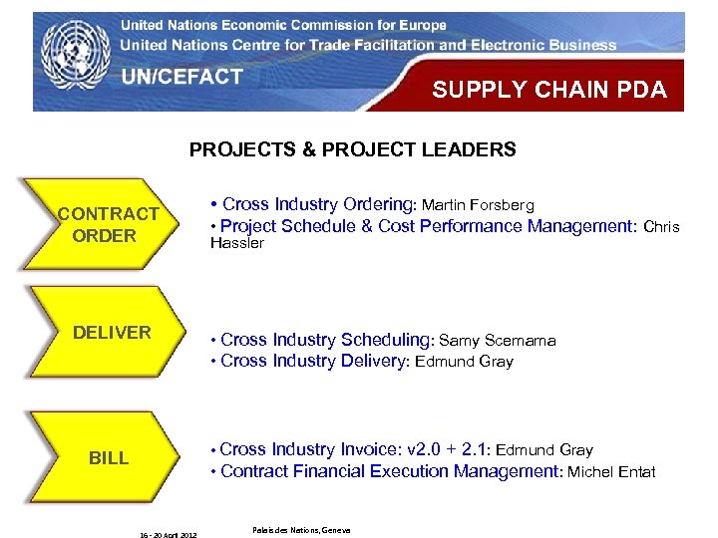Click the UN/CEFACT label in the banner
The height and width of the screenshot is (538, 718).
181,76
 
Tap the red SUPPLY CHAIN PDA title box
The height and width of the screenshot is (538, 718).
548,90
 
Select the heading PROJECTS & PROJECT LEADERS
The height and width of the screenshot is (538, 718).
353,150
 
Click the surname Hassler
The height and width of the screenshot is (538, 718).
236,243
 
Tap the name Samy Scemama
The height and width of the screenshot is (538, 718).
497,341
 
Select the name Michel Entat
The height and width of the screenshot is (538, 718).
611,472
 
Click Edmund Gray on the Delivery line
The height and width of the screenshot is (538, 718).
464,362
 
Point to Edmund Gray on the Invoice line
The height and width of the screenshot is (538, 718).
543,450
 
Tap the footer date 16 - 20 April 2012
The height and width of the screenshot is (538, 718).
169,535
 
